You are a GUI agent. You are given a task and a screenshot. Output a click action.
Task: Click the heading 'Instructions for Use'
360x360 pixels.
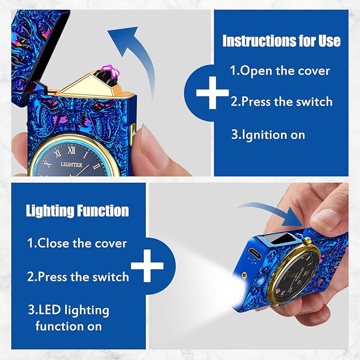[x=282, y=41]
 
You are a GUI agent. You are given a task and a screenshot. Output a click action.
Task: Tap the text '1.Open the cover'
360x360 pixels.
[x=280, y=71]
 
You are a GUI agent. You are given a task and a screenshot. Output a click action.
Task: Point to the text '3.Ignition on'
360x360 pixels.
[x=268, y=135]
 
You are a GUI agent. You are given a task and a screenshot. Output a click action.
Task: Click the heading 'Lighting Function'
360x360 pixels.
[x=77, y=210]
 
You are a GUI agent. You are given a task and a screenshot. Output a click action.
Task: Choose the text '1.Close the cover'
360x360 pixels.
[x=77, y=243]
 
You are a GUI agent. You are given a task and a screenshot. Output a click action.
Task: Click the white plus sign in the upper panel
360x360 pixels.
[x=213, y=93]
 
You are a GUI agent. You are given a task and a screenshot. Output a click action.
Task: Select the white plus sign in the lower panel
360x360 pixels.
[x=147, y=266]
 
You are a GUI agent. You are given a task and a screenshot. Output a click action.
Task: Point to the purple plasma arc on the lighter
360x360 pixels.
[x=111, y=71]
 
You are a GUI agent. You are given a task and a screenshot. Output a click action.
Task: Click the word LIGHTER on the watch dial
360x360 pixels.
[x=72, y=164]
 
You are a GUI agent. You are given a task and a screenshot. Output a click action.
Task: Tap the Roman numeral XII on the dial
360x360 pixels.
[x=72, y=151]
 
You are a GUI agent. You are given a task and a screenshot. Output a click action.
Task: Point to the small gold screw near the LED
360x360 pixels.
[x=244, y=274]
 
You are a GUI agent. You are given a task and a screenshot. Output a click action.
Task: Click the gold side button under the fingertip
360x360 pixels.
[x=133, y=135]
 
